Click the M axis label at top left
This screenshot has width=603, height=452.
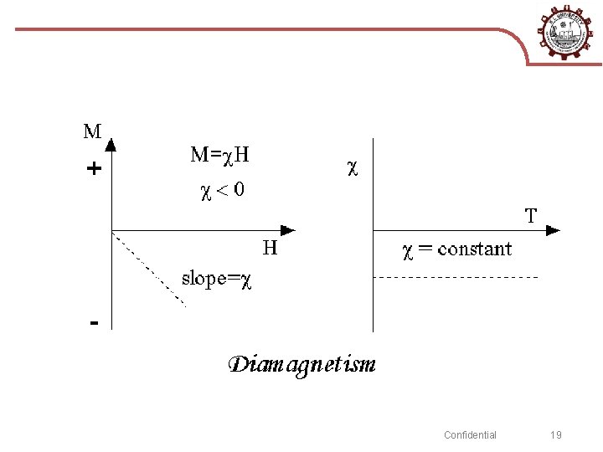click(x=92, y=131)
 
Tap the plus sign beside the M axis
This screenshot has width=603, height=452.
click(x=94, y=169)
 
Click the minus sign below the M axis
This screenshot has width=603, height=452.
click(x=94, y=322)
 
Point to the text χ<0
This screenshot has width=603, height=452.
click(x=222, y=190)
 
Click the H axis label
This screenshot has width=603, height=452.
click(x=270, y=248)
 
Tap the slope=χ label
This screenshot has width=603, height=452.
click(x=216, y=280)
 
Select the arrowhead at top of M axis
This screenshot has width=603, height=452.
click(x=111, y=144)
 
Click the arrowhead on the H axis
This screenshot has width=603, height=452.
click(x=288, y=229)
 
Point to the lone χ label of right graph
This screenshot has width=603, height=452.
click(x=353, y=167)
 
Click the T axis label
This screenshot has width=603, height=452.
click(x=531, y=216)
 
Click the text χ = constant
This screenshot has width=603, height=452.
click(x=457, y=249)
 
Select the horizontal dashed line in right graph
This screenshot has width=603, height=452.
click(x=456, y=276)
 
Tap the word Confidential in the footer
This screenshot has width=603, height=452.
click(x=470, y=434)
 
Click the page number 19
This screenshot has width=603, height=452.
click(x=556, y=434)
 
